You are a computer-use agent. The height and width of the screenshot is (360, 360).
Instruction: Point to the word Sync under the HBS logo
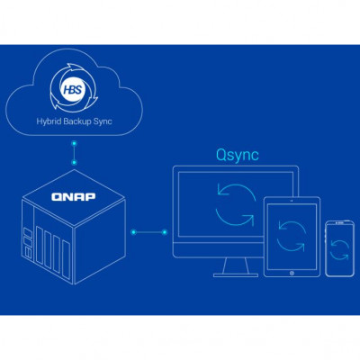point(103,121)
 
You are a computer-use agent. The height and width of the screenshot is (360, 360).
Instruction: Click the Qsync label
point(238,156)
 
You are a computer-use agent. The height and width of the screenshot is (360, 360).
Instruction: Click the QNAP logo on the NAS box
point(74,197)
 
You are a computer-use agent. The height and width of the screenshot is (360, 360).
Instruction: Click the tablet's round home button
point(292,273)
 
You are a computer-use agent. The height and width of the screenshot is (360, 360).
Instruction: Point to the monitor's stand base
point(236,274)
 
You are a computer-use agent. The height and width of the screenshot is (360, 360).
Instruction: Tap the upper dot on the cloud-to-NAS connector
point(74,143)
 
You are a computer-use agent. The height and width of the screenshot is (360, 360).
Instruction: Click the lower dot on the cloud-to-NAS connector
point(74,163)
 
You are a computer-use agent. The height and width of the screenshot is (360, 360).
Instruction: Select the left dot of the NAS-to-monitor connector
point(134,232)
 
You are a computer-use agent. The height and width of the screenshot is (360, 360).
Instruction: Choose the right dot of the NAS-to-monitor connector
point(165,232)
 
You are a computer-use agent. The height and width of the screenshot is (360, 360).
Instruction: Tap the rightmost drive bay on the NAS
point(67,256)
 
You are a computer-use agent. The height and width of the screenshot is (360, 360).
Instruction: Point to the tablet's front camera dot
point(292,200)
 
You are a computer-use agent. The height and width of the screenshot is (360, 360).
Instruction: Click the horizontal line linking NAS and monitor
point(149,232)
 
